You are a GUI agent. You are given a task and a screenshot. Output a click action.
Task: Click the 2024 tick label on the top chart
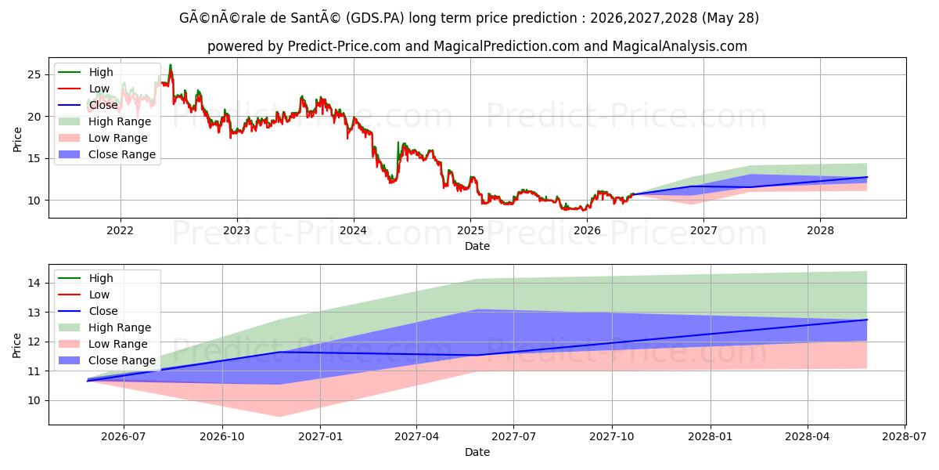[x=353, y=230]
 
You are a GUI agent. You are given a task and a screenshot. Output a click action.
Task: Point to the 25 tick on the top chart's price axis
[x=34, y=74]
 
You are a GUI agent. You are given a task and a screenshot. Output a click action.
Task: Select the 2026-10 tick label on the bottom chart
[x=221, y=437]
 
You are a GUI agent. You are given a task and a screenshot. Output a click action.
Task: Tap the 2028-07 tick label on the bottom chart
[x=905, y=437]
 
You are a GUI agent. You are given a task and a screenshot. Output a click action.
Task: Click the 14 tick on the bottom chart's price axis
[x=34, y=283]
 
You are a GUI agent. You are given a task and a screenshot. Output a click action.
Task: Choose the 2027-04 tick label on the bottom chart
[x=416, y=437]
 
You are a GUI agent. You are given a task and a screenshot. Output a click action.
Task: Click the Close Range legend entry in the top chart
[x=107, y=154]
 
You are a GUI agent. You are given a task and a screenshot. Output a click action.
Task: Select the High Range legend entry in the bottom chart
[x=104, y=327]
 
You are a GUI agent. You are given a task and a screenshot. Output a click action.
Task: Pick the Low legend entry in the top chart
[x=84, y=89]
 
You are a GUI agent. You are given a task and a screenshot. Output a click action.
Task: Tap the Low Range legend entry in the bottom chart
[x=103, y=344]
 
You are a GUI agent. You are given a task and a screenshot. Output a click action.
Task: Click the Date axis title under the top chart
[x=477, y=246]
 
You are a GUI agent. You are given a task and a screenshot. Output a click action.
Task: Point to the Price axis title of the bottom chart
[x=16, y=345]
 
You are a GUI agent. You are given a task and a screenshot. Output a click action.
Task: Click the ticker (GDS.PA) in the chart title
[x=375, y=18]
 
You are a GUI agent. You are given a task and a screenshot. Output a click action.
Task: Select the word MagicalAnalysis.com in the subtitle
[x=679, y=45]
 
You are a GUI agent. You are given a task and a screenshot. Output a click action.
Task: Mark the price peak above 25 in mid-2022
[x=171, y=65]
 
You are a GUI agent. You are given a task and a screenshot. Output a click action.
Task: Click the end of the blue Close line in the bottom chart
[x=867, y=320]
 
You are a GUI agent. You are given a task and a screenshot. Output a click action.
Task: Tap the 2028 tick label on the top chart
[x=820, y=230]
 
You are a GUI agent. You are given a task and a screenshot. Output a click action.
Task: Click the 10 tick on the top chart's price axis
[x=34, y=201]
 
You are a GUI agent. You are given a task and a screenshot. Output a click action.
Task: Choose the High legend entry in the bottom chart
[x=85, y=278]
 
